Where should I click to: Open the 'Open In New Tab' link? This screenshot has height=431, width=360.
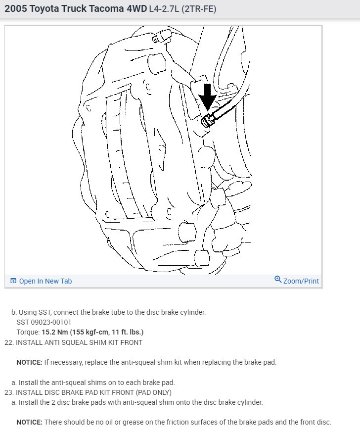coord(45,281)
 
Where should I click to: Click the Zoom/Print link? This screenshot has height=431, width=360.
coord(301,281)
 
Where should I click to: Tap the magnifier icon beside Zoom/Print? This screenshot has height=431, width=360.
coord(278,280)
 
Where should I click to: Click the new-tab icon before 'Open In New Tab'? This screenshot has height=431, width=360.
coord(13,281)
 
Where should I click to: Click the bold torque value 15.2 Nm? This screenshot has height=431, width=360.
coord(56,332)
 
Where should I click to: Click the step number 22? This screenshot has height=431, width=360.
coord(8,342)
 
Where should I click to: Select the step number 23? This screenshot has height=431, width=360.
coord(8,392)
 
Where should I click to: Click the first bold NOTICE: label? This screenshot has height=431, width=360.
coord(29,362)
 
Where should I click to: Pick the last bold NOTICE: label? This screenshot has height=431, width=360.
coord(29,422)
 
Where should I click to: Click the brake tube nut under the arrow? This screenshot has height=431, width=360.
coord(208,120)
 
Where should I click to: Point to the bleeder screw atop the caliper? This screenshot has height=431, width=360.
coord(162,36)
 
